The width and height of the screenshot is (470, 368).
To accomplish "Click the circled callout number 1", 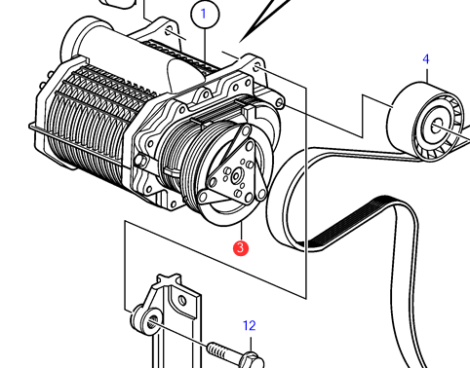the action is tap(205, 14).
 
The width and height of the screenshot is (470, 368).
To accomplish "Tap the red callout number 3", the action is tap(241, 248).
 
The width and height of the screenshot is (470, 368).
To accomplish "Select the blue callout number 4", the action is tap(426, 59).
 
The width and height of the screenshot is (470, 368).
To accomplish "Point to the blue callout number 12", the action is tap(250, 325).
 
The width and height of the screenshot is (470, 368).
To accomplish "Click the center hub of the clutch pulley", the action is tap(236, 176).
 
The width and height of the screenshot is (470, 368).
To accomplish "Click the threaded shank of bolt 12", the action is tap(220, 350).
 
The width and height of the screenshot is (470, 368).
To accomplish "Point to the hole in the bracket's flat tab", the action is tap(182, 301).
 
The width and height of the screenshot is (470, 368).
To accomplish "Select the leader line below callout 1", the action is tap(205, 45).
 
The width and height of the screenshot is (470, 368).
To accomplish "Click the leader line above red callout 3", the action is tap(241, 231).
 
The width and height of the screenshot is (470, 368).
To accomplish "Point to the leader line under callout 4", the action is tap(426, 74).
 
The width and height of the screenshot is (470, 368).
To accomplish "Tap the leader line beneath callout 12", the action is tap(251, 345).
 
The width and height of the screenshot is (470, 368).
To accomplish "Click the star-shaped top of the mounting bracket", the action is tap(169, 279).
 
